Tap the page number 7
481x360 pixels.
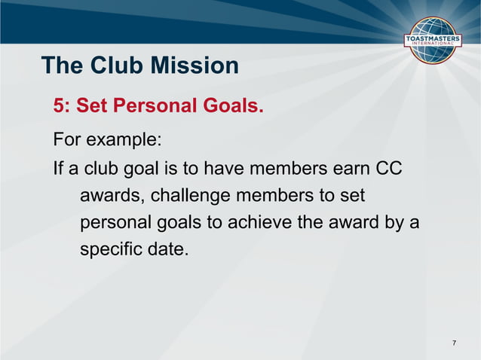tap(454, 343)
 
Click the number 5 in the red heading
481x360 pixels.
tap(60, 107)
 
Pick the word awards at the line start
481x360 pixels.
tap(110, 196)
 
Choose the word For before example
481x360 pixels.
tap(66, 141)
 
